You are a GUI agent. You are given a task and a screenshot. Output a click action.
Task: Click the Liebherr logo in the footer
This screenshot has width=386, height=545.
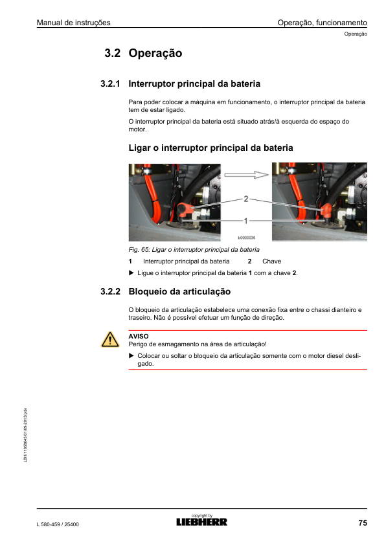(201, 522)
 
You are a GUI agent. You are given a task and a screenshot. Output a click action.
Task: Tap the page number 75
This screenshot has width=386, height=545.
(363, 523)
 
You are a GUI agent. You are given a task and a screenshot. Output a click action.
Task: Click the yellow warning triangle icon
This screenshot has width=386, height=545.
(110, 340)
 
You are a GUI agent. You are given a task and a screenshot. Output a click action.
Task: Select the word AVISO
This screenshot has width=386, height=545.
(139, 336)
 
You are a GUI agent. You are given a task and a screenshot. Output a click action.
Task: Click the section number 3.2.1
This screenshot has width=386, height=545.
(110, 83)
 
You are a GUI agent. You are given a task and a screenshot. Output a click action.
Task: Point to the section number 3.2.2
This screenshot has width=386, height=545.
(110, 291)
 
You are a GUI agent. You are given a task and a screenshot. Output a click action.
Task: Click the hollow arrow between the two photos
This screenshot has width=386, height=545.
(246, 175)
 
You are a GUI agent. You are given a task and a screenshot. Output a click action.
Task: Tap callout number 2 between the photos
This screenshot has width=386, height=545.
(246, 199)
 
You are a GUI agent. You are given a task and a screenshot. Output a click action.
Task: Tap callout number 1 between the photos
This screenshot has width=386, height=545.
(245, 221)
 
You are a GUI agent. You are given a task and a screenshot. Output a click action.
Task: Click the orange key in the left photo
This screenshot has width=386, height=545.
(185, 210)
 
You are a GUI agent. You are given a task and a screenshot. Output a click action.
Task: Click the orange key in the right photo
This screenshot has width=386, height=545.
(326, 211)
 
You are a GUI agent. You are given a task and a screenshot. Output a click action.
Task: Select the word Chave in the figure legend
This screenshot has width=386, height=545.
(271, 261)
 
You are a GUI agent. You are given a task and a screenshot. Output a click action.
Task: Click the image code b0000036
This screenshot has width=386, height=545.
(246, 238)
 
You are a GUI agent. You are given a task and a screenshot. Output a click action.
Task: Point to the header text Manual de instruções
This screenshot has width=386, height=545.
(74, 23)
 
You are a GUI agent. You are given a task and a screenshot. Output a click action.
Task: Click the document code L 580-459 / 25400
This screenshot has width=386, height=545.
(58, 524)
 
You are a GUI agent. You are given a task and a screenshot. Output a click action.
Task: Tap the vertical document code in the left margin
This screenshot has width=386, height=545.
(25, 435)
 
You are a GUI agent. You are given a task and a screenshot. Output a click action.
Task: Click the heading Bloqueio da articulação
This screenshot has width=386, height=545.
(179, 291)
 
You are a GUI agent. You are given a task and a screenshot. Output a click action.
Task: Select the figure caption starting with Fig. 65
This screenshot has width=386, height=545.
(194, 250)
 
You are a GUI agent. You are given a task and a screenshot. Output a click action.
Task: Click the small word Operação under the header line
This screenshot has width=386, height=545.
(356, 34)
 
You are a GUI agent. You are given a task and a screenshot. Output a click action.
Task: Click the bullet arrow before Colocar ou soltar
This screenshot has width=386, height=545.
(131, 355)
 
